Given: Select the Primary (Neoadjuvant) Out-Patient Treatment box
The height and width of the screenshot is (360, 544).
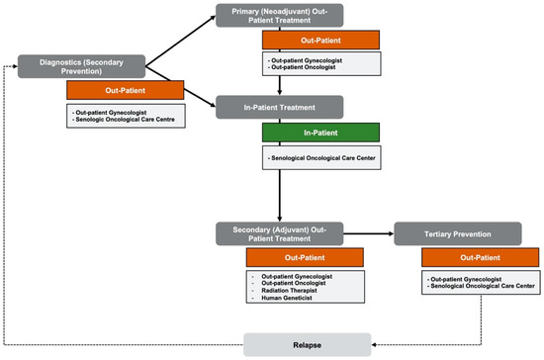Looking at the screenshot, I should pos(279,16).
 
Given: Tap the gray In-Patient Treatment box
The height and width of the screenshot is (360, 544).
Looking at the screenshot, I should pos(279,107).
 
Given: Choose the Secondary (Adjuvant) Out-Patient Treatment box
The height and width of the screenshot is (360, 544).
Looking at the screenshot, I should pos(279,234).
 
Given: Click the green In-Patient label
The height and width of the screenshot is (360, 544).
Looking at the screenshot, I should pos(306,131).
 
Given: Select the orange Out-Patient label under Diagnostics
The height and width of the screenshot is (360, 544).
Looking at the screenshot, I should pos(125,91).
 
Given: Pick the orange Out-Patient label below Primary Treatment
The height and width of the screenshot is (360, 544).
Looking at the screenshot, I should pos(306,41).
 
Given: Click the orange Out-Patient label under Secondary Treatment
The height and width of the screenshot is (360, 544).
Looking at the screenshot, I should pos(306,258).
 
